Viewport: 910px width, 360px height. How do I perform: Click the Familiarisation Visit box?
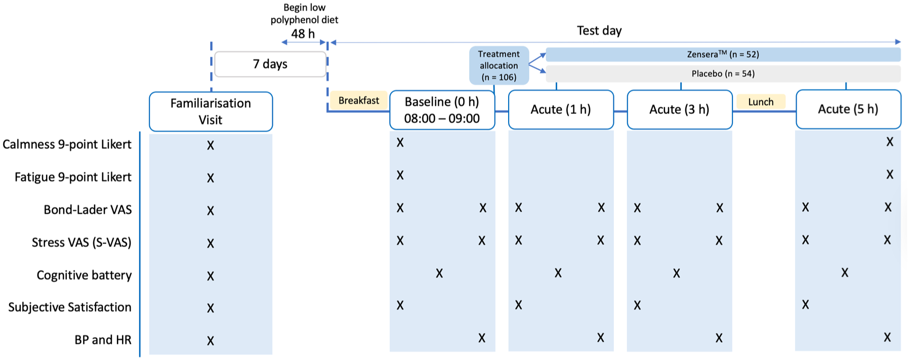tap(211, 111)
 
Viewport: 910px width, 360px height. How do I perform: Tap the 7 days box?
tap(270, 64)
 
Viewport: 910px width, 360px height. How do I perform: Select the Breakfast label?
tap(359, 100)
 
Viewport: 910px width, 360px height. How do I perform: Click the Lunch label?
tap(761, 102)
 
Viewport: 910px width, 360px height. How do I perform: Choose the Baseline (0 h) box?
tap(442, 110)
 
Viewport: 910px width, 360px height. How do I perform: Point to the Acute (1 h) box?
tap(561, 109)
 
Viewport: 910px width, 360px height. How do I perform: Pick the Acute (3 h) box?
tap(679, 109)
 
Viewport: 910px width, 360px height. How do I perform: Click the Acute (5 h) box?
tap(848, 109)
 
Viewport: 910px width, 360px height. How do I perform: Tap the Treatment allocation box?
tap(499, 65)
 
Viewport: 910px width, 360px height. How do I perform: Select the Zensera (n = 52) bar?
tap(723, 54)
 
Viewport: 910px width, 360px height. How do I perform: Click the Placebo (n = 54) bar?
tap(723, 73)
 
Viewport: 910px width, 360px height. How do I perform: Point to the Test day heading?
tap(599, 31)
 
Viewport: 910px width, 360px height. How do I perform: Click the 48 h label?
tap(303, 34)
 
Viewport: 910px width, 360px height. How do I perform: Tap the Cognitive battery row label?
tap(84, 275)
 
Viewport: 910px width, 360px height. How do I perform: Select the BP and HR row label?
tap(103, 340)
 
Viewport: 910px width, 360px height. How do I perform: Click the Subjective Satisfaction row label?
tap(70, 307)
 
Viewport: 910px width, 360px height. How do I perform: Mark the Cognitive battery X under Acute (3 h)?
tap(677, 273)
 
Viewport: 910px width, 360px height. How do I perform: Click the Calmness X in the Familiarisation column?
tap(211, 145)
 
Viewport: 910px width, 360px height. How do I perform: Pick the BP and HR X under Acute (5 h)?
tap(887, 337)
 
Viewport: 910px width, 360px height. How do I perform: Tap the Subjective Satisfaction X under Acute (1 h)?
tap(519, 305)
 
